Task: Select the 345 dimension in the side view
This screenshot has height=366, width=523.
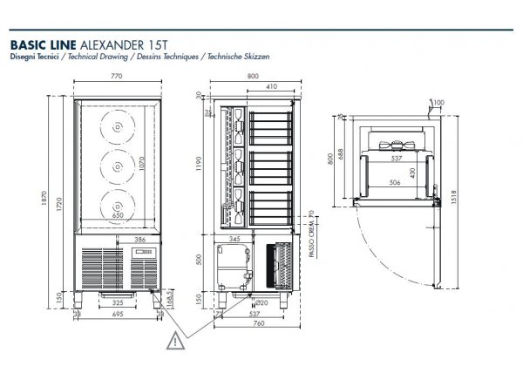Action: coord(233,237)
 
